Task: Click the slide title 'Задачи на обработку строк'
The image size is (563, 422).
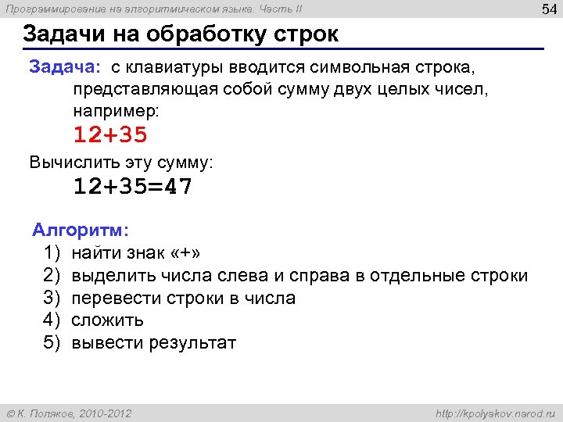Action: coord(181,35)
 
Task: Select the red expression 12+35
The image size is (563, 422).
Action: coord(110,135)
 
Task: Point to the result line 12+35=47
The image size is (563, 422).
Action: coord(133,187)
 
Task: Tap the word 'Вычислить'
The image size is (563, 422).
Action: coord(68,163)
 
